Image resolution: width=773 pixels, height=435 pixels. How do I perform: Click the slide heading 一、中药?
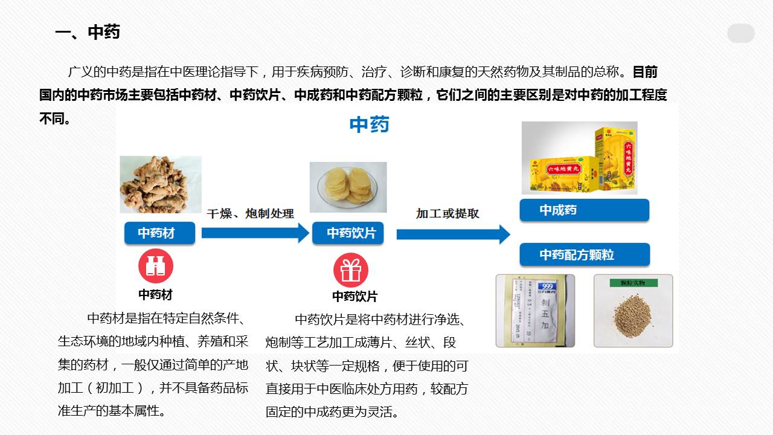pos(88,32)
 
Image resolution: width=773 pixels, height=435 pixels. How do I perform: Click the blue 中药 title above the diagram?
pos(369,125)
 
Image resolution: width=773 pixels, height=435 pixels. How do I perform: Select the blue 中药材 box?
pos(159,233)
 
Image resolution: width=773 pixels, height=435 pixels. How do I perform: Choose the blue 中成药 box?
pos(584,210)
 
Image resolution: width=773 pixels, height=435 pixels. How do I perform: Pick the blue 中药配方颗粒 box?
pos(584,254)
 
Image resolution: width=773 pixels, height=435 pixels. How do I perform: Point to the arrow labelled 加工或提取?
pos(453,234)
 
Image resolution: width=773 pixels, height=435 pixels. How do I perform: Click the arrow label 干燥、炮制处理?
pos(250,213)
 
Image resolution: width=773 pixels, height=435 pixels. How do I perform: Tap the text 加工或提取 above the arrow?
pos(447,213)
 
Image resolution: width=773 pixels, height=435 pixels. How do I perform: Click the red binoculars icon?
pos(156,266)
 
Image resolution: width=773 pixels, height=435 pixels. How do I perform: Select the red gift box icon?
pos(351,270)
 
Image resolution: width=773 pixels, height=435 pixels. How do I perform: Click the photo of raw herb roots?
pos(160,184)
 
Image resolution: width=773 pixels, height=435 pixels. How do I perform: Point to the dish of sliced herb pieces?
pos(348,187)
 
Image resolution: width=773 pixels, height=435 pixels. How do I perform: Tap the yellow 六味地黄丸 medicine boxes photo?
pos(579,158)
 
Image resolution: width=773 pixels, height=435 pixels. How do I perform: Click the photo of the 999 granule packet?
pos(535,311)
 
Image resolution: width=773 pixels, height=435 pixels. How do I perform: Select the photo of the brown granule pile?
pos(633,311)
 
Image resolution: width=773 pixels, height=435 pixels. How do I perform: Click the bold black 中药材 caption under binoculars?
pos(155,294)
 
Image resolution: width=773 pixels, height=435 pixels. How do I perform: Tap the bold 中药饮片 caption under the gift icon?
pos(354,297)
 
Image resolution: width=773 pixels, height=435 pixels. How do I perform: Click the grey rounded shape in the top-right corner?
pos(740,33)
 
